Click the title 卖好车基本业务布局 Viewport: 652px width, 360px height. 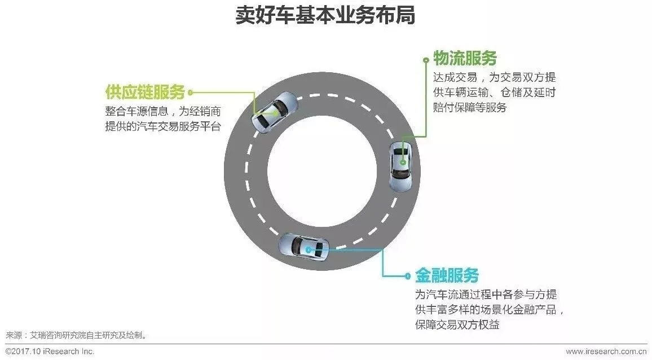325,16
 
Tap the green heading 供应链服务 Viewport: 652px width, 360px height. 145,92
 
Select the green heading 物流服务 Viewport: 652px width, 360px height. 465,58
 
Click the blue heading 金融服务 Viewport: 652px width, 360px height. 447,275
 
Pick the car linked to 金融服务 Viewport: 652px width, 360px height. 305,248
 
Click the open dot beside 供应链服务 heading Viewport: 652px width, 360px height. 190,92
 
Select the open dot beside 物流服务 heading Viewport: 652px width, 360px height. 426,58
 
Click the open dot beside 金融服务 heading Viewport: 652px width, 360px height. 408,276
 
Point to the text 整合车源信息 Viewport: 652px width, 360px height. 134,111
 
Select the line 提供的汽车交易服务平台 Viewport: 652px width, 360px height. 162,126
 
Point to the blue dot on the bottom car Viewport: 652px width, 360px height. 308,249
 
